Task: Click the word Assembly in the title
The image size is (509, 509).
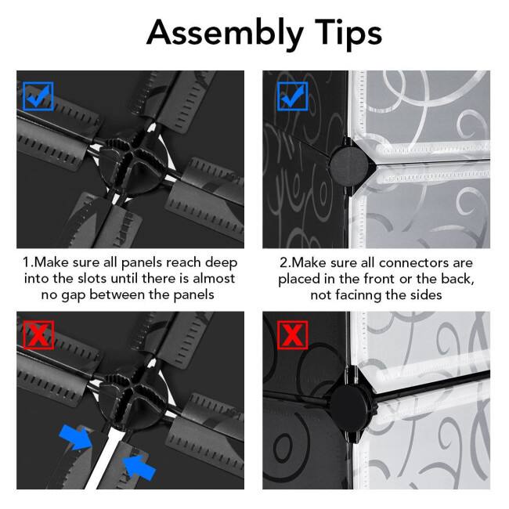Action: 220,32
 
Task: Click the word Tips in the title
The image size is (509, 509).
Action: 342,32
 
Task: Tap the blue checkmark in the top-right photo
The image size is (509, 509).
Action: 293,96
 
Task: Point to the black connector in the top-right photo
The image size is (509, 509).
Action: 345,160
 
